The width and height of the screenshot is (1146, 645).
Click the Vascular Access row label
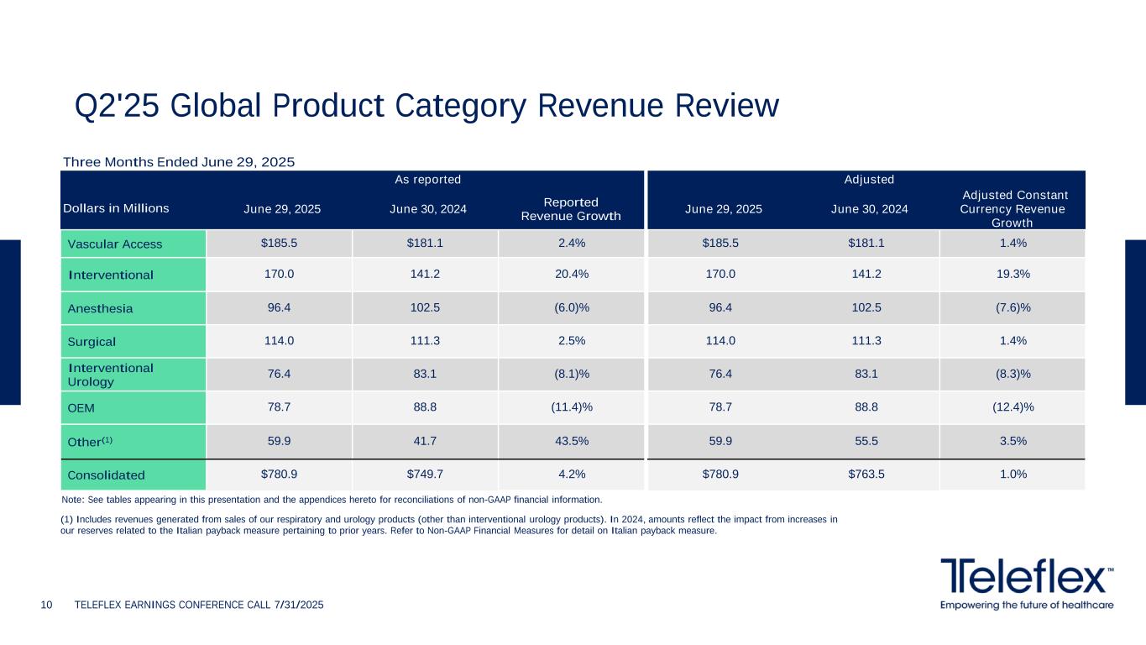114,244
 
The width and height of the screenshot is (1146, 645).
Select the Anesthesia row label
100,308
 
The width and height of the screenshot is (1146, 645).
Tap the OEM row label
81,408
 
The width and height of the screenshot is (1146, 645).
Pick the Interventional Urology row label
110,375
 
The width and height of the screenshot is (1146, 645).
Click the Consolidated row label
106,475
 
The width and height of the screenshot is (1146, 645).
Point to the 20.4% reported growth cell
571,274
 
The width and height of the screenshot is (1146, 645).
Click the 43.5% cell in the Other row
571,440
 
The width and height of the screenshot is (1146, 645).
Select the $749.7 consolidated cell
425,475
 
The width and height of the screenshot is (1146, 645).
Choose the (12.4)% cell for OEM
1013,407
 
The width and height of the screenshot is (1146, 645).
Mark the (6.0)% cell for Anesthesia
571,307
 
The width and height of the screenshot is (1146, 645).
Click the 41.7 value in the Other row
425,440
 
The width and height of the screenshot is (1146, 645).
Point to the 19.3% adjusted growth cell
1013,274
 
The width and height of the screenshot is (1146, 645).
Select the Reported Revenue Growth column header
571,209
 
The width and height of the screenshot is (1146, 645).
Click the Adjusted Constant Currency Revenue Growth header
1013,209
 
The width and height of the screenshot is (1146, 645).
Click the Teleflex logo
1027,582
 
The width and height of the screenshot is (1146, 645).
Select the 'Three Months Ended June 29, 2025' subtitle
180,161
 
